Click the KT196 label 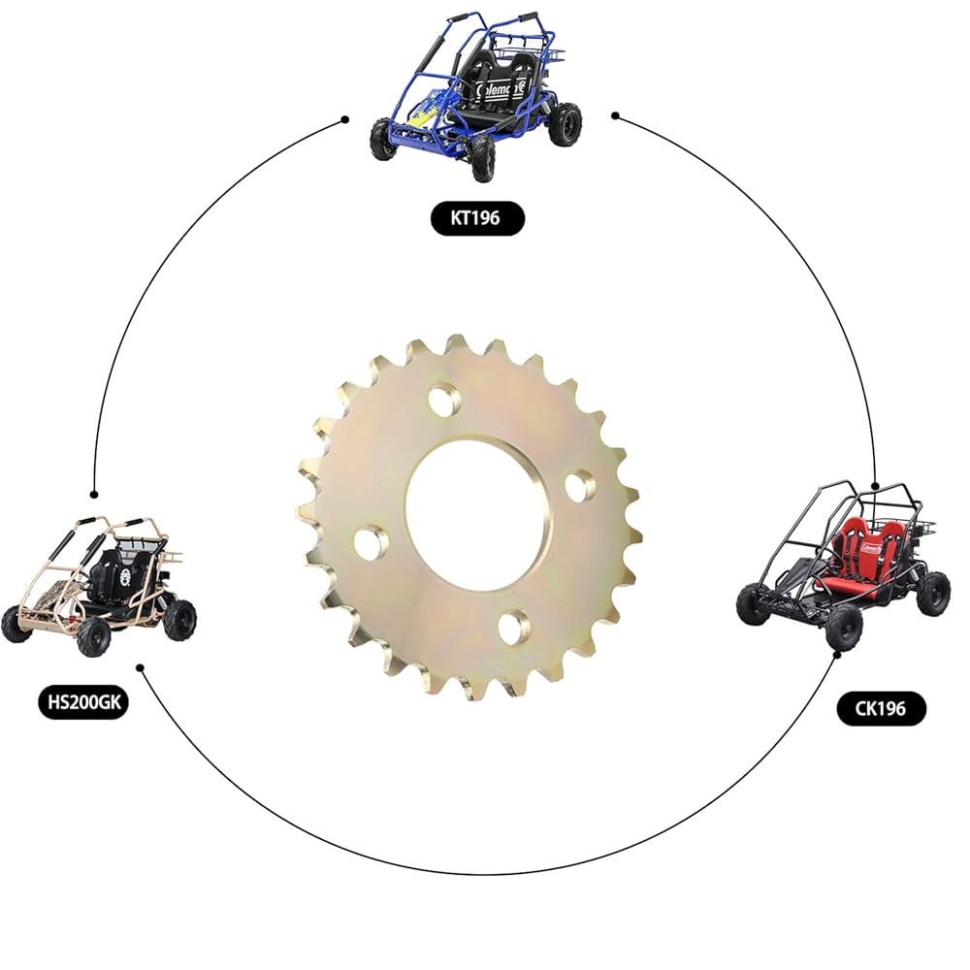click(x=477, y=217)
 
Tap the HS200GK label click(x=84, y=701)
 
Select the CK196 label click(x=881, y=708)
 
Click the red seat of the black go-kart click(x=854, y=557)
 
